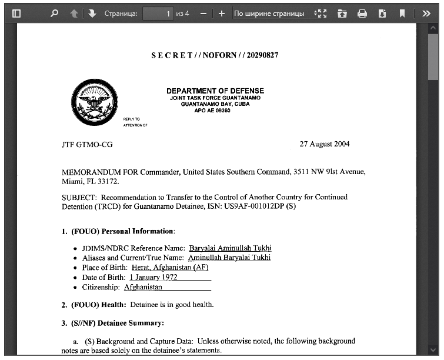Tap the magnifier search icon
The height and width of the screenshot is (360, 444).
55,13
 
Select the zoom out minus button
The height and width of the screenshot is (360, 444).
203,13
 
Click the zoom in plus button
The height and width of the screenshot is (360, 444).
221,13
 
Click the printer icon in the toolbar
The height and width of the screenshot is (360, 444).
362,13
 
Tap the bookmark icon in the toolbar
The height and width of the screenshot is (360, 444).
402,13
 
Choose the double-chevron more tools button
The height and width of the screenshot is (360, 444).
426,13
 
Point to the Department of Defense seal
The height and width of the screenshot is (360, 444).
92,103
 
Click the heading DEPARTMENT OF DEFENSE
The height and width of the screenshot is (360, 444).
215,91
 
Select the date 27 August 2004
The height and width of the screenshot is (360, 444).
325,144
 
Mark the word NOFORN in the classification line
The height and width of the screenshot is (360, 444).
217,55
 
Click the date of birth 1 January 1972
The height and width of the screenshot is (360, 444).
153,277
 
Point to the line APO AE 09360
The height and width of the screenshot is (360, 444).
212,110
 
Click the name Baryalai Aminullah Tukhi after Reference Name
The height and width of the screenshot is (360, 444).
230,248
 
